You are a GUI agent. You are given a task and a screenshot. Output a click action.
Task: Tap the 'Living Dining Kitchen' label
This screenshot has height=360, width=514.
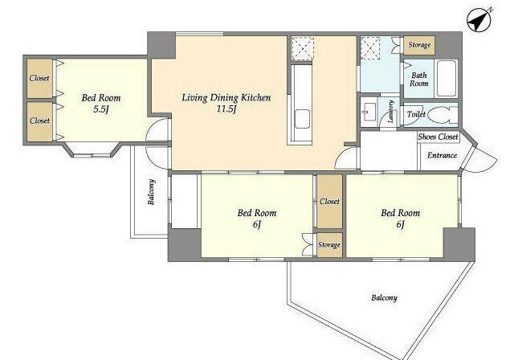tap(226, 98)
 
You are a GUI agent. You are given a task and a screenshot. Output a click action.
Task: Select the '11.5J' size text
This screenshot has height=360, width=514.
tap(226, 108)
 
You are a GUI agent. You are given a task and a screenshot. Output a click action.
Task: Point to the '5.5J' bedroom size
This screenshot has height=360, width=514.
tap(100, 109)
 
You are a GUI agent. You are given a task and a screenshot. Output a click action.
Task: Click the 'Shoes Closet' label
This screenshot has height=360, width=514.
tap(438, 137)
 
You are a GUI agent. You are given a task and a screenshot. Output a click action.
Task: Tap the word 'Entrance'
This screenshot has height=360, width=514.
tap(442, 155)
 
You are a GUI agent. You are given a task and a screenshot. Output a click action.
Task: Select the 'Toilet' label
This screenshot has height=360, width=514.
tap(416, 114)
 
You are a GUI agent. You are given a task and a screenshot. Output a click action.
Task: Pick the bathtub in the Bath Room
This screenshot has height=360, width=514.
tap(447, 79)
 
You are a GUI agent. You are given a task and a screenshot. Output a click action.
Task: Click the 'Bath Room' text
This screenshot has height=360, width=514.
tap(419, 80)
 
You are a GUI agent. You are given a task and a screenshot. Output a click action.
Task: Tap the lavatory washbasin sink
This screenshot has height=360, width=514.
tap(369, 112)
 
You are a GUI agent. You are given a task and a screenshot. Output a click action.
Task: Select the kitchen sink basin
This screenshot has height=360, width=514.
tap(302, 119)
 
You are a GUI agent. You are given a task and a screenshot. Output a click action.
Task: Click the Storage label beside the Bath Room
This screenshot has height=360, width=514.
tap(419, 45)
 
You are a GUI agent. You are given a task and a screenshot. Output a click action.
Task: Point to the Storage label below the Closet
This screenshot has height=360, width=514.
tap(329, 244)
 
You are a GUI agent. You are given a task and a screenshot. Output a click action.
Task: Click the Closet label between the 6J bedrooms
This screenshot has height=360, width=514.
tap(329, 202)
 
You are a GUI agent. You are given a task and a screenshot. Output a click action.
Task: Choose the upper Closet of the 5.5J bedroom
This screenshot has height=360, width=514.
tap(39, 78)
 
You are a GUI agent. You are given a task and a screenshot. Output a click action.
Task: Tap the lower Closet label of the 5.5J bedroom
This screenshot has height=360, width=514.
tap(39, 121)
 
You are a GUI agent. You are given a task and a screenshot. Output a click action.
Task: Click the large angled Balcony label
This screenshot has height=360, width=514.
tap(384, 297)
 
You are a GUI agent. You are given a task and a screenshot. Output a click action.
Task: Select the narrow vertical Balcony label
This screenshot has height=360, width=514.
tap(151, 192)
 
